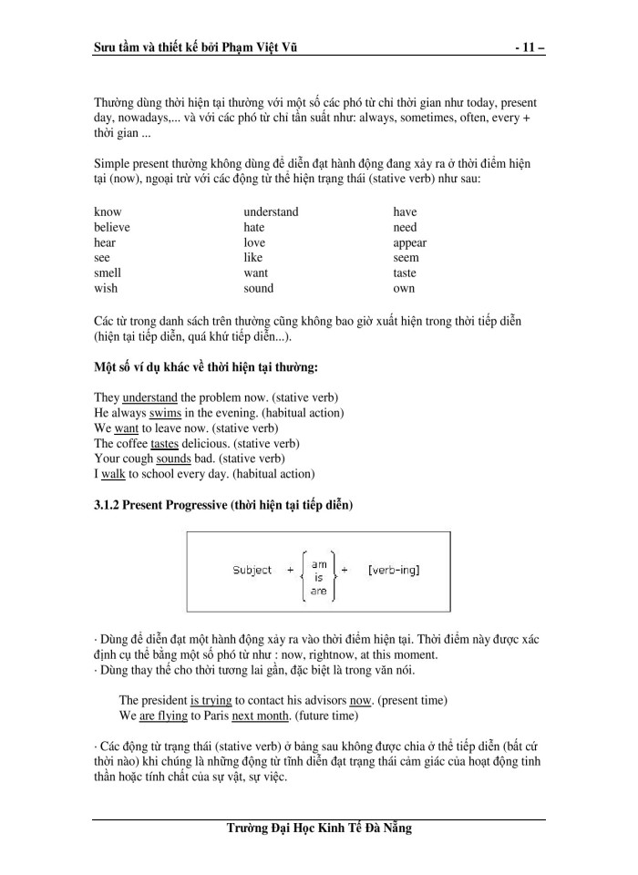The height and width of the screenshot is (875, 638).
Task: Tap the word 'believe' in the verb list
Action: coord(112,227)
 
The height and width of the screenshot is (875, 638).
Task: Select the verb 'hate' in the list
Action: coord(254,227)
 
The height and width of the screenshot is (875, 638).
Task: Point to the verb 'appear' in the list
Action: coord(409,242)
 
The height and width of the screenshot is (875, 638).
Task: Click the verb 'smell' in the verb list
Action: coord(108,273)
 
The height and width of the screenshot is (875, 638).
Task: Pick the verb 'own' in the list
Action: coord(404,288)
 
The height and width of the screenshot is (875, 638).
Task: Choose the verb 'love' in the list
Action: coord(254,242)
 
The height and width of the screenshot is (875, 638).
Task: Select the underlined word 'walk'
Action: coord(114,474)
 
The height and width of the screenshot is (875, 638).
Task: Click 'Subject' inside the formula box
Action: coord(252,571)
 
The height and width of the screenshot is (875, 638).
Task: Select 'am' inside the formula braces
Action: coord(319,564)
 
